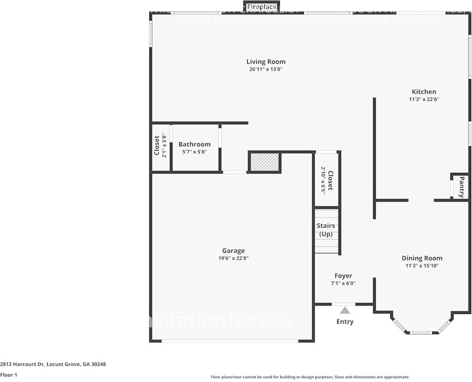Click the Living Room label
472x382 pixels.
[265, 62]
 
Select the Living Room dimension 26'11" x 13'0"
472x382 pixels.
[265, 69]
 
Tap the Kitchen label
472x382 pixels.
[424, 92]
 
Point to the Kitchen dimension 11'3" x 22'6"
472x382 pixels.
[424, 99]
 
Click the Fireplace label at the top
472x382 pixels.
[261, 7]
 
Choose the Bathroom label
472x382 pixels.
[194, 144]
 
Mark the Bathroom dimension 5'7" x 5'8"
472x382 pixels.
[194, 151]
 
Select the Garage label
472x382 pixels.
[233, 251]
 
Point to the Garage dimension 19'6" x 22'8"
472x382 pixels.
[233, 258]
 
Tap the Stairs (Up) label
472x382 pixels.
[326, 230]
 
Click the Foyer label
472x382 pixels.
[343, 276]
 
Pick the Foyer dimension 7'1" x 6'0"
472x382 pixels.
[343, 283]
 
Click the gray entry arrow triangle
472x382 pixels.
[344, 310]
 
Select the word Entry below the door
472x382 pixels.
[344, 322]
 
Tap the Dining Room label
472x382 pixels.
[422, 258]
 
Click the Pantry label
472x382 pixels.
[461, 187]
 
